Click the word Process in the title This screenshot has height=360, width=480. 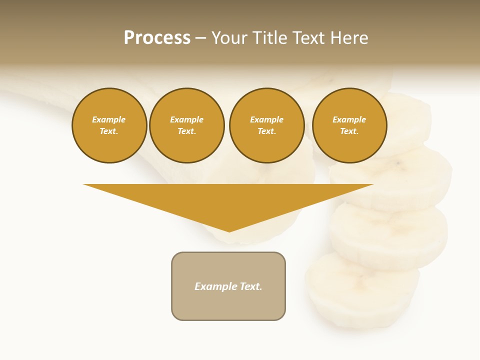point(157,37)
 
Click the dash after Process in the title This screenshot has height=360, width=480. point(201,38)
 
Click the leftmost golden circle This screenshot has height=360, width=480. point(109,125)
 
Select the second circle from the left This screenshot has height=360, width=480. point(187,125)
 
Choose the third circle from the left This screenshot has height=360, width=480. point(267,125)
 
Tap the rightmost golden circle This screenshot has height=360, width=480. point(349,125)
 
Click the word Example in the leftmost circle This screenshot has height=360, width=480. point(109,119)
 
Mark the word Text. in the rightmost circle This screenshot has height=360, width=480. point(349,131)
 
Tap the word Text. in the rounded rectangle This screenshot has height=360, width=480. point(251,286)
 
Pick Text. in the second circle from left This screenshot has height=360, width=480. point(187,131)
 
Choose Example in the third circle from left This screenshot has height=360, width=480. point(267,119)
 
